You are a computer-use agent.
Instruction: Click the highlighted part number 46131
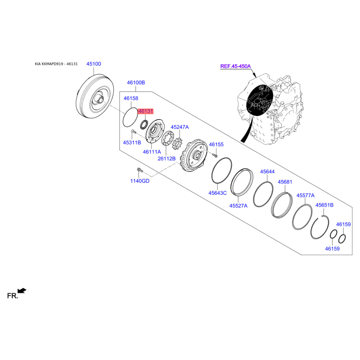pos(145,111)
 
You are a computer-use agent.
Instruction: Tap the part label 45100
pos(94,64)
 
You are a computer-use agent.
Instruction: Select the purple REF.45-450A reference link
pos(235,66)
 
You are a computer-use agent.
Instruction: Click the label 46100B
pos(136,83)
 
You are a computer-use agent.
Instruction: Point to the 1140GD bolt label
pos(140,181)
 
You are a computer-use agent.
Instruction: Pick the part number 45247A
pos(180,127)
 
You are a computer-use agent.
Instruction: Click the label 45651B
pos(324,205)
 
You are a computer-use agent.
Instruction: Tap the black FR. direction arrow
pos(22,291)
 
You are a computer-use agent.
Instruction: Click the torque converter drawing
pos(95,96)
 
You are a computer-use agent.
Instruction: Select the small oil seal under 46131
pos(144,125)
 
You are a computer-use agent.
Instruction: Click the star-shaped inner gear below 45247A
pos(177,144)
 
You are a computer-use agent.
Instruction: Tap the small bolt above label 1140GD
pos(139,170)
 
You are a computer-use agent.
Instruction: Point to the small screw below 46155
pos(215,155)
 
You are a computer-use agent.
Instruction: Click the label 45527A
pos(238,206)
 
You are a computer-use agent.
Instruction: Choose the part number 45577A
pos(306,195)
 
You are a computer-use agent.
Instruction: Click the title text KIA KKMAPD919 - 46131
pos(56,64)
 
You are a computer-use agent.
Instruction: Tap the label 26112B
pos(166,158)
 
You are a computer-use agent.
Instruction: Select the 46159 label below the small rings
pos(332,249)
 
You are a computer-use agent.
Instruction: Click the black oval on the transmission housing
pos(260,100)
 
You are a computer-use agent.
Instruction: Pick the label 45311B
pos(132,143)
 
